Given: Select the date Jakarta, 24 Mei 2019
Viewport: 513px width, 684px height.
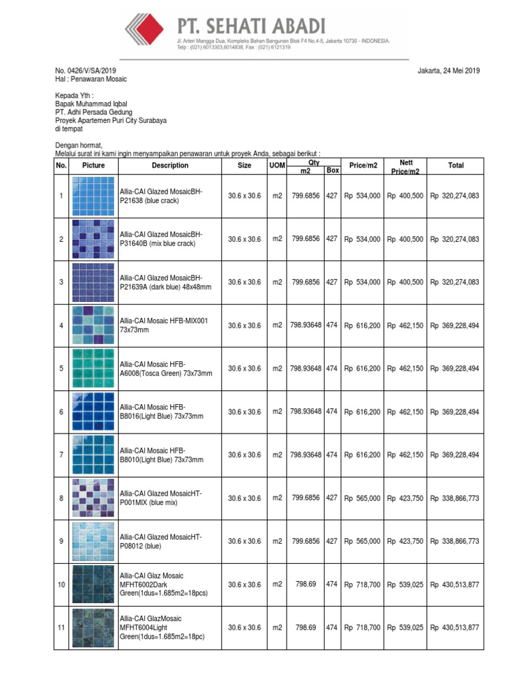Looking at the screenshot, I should [448, 71].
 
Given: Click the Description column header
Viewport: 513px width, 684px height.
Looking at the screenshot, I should [170, 166].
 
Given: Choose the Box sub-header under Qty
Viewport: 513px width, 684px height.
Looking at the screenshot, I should [332, 171].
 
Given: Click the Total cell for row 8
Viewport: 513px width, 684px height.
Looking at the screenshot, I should [455, 498].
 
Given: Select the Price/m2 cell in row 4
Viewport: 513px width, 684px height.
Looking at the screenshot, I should [362, 325].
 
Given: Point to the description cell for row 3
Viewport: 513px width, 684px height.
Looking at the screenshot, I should [170, 282].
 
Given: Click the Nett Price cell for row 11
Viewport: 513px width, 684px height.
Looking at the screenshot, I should [405, 628].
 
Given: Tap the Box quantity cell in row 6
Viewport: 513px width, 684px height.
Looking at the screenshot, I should [332, 412].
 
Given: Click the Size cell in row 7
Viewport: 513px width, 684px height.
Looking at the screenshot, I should [244, 455].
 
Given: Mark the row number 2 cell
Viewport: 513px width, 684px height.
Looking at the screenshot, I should [61, 239].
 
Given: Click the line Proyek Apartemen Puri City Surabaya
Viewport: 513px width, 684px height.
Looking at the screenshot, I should [111, 121].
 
